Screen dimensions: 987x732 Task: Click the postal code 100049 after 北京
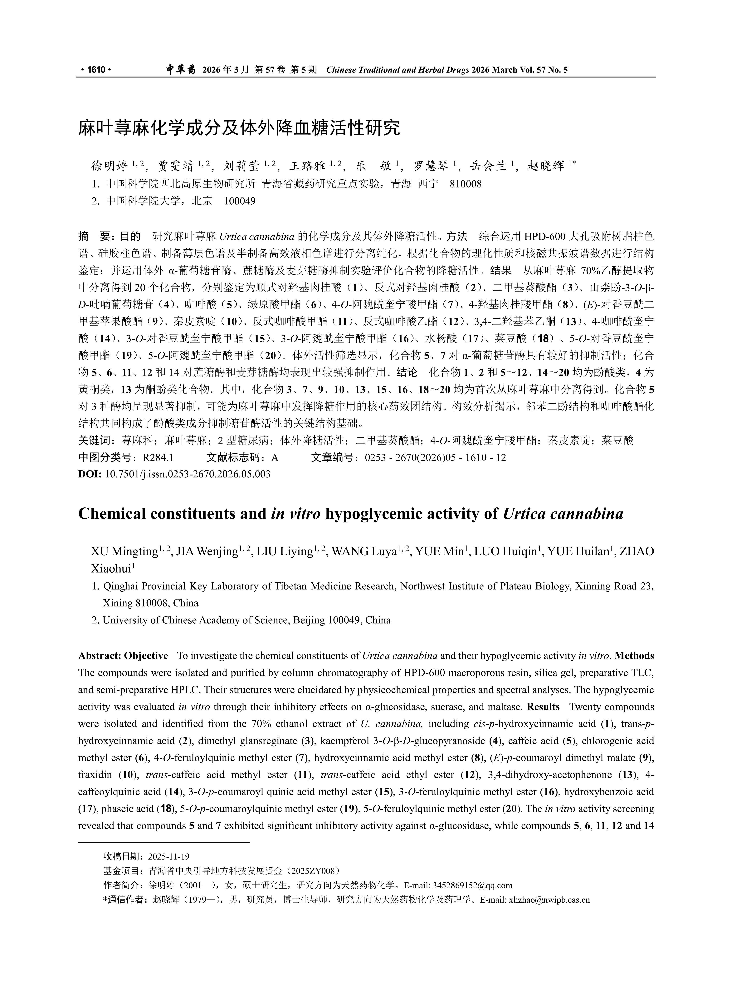pos(240,201)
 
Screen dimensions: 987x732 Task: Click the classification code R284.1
pos(158,457)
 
